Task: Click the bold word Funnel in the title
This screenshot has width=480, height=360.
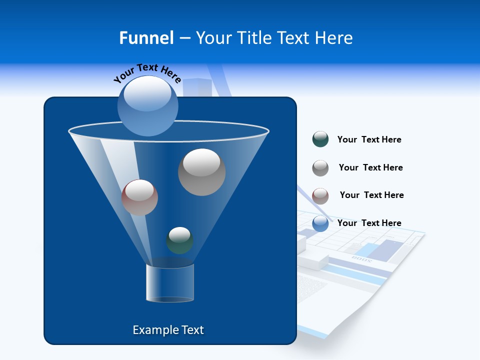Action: [146, 38]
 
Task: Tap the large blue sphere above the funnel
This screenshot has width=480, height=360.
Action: [148, 105]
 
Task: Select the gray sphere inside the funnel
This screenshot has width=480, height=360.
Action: [201, 172]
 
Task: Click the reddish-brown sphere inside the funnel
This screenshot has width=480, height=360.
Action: [139, 197]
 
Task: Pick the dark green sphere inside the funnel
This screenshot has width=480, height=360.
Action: [179, 240]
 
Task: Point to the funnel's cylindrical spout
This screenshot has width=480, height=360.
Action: [169, 283]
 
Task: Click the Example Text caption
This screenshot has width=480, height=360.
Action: [168, 330]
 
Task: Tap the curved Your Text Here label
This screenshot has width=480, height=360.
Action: [147, 73]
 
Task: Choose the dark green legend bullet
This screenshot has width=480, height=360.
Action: [320, 139]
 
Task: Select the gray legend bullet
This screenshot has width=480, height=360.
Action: [320, 168]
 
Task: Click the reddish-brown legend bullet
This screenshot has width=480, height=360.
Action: [320, 196]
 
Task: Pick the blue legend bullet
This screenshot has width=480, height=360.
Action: [320, 223]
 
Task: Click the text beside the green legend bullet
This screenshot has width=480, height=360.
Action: [369, 139]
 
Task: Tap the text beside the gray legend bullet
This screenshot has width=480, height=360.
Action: [370, 167]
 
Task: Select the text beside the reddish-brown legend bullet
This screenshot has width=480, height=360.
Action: [371, 195]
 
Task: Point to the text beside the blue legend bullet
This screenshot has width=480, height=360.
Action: [369, 223]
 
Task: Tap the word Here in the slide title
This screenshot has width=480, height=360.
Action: [334, 38]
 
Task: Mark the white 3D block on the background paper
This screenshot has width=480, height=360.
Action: [314, 259]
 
